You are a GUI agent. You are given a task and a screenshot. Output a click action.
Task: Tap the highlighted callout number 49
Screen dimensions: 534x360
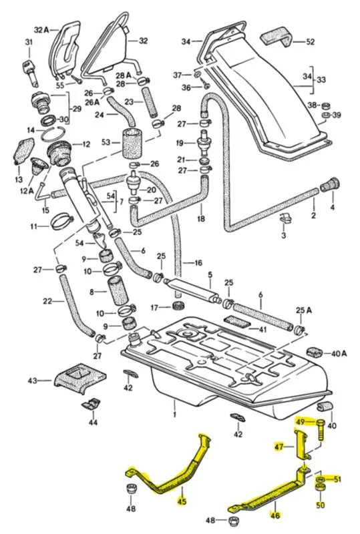(301, 422)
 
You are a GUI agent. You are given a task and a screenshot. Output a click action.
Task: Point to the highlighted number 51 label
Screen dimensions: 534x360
(337, 479)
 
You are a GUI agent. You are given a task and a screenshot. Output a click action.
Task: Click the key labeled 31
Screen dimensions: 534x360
(29, 67)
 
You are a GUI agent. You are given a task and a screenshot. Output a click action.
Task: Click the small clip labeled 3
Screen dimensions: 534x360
(284, 218)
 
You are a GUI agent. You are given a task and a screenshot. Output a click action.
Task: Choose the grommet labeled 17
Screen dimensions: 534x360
(178, 306)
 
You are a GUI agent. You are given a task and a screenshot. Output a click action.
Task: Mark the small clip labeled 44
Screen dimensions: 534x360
(91, 403)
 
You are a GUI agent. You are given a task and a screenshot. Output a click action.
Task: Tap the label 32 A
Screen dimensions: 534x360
(41, 30)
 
